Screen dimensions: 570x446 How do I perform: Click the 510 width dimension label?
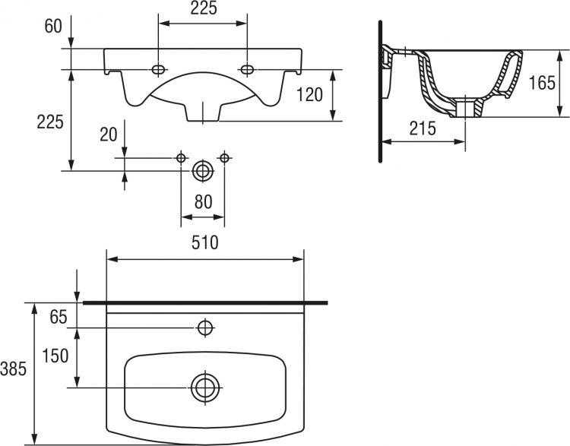(x=205, y=242)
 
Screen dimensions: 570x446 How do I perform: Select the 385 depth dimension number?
(x=14, y=369)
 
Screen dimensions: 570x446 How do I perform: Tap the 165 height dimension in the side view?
(x=542, y=83)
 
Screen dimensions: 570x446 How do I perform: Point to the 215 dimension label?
(x=423, y=128)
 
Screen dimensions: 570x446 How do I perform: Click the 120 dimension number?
(x=310, y=95)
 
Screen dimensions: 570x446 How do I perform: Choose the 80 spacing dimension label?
(x=203, y=202)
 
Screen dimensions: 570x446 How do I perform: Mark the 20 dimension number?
(x=109, y=134)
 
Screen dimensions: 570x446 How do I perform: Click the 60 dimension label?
(x=53, y=26)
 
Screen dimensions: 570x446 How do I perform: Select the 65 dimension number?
(x=59, y=317)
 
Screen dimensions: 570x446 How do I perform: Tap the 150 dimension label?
(x=55, y=356)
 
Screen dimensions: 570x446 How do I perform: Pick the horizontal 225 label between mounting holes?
(x=204, y=8)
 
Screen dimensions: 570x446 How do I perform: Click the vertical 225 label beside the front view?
(x=50, y=122)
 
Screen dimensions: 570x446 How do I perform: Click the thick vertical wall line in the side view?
(x=380, y=92)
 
